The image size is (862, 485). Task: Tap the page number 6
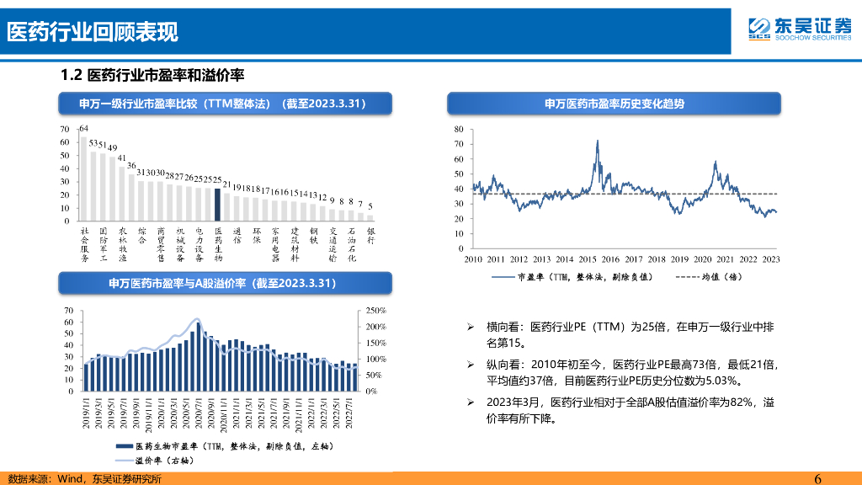817,478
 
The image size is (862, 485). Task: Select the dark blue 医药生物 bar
217,204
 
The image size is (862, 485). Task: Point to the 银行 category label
370,236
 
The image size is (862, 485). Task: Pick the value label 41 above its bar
122,157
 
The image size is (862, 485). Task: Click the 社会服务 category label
84,244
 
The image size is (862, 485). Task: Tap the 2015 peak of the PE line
597,141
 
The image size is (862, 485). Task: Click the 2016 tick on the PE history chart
610,259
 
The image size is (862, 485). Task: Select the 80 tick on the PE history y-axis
458,129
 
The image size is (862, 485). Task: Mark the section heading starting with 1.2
152,76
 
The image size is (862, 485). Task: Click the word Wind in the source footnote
71,478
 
